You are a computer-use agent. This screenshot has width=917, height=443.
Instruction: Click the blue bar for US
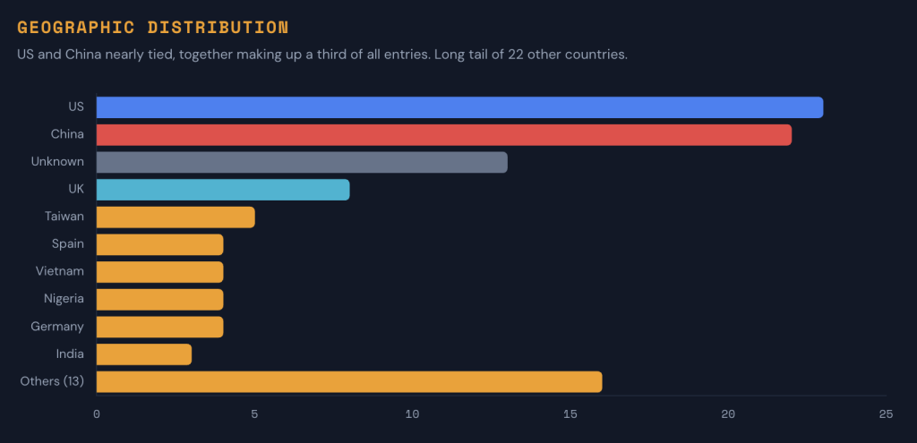[x=459, y=107]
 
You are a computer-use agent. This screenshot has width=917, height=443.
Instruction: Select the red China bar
[x=443, y=135]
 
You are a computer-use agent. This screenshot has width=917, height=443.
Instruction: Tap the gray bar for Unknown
[x=302, y=162]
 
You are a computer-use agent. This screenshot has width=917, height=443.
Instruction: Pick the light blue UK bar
[x=223, y=190]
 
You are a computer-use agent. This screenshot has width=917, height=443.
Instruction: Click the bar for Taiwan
[x=176, y=217]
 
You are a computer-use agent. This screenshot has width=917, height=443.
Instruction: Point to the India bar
[x=143, y=354]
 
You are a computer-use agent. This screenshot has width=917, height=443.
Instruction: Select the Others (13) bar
[x=349, y=382]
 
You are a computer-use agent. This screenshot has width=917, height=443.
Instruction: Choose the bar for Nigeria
[x=159, y=300]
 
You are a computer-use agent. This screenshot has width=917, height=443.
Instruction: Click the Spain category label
[x=68, y=244]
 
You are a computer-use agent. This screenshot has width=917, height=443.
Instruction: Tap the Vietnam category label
[x=61, y=271]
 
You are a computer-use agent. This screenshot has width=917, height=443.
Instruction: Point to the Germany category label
[x=57, y=327]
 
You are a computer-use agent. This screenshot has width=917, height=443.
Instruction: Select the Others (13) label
[x=52, y=382]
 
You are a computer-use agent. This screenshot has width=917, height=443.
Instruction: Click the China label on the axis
[x=67, y=134]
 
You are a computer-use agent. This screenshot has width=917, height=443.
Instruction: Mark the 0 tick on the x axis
[x=97, y=414]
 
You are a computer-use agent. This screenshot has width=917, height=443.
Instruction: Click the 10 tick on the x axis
[x=412, y=414]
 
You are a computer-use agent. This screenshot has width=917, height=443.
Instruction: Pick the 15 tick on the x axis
[x=570, y=414]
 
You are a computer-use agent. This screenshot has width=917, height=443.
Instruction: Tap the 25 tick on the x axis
[x=886, y=414]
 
